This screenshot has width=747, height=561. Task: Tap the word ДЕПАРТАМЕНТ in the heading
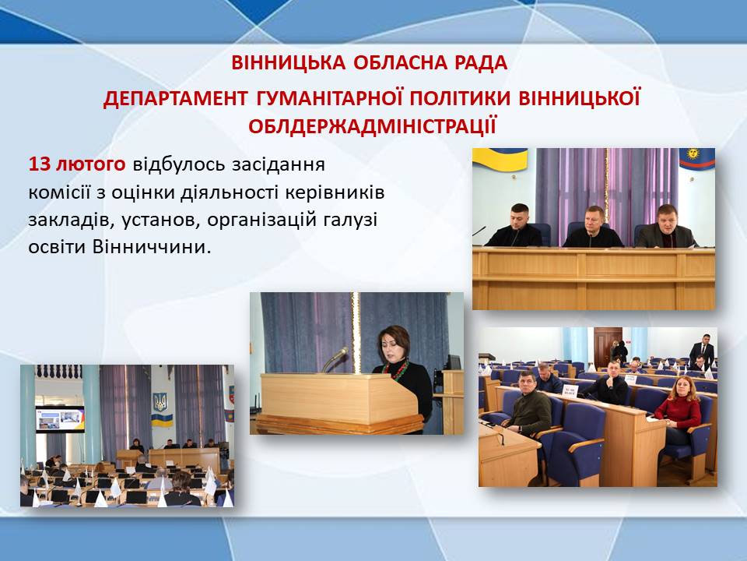tap(175, 98)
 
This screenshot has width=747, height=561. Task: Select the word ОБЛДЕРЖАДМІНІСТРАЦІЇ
tap(372, 126)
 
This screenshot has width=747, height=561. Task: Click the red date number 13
tap(39, 164)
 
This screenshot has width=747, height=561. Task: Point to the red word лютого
tap(91, 164)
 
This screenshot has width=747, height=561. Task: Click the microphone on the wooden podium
tap(335, 359)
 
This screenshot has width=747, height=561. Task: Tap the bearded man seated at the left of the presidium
tap(515, 226)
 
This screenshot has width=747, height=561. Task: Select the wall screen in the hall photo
tap(60, 419)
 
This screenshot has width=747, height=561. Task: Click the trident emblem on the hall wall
tap(160, 403)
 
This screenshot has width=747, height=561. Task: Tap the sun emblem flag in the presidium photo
tap(696, 159)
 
